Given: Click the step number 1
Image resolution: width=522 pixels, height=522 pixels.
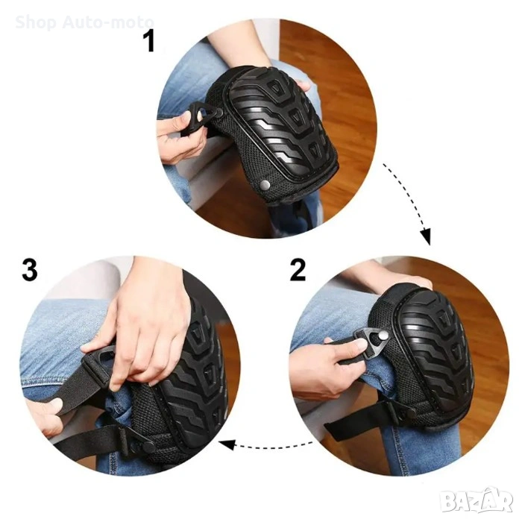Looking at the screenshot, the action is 149,41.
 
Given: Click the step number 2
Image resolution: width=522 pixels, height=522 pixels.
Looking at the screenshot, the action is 298,270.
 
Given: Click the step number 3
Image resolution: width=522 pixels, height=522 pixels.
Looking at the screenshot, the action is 30,270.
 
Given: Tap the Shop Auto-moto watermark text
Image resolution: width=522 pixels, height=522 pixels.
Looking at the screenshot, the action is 84,22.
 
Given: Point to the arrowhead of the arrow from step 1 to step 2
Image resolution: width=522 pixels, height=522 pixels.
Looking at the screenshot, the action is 426,237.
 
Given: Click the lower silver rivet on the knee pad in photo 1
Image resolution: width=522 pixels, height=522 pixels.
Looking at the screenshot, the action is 265,184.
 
